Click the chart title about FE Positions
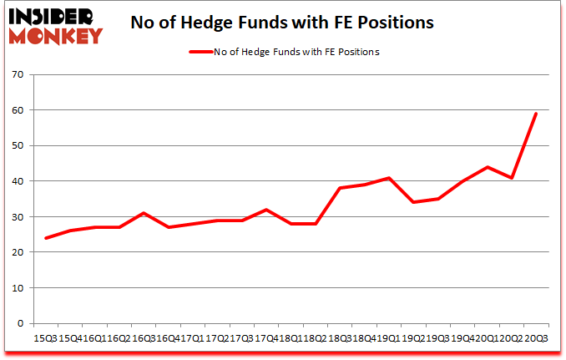click(x=282, y=23)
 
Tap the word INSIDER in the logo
click(x=53, y=15)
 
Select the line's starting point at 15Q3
click(x=46, y=238)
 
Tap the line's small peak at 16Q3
click(x=144, y=213)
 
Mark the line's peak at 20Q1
click(x=487, y=167)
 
